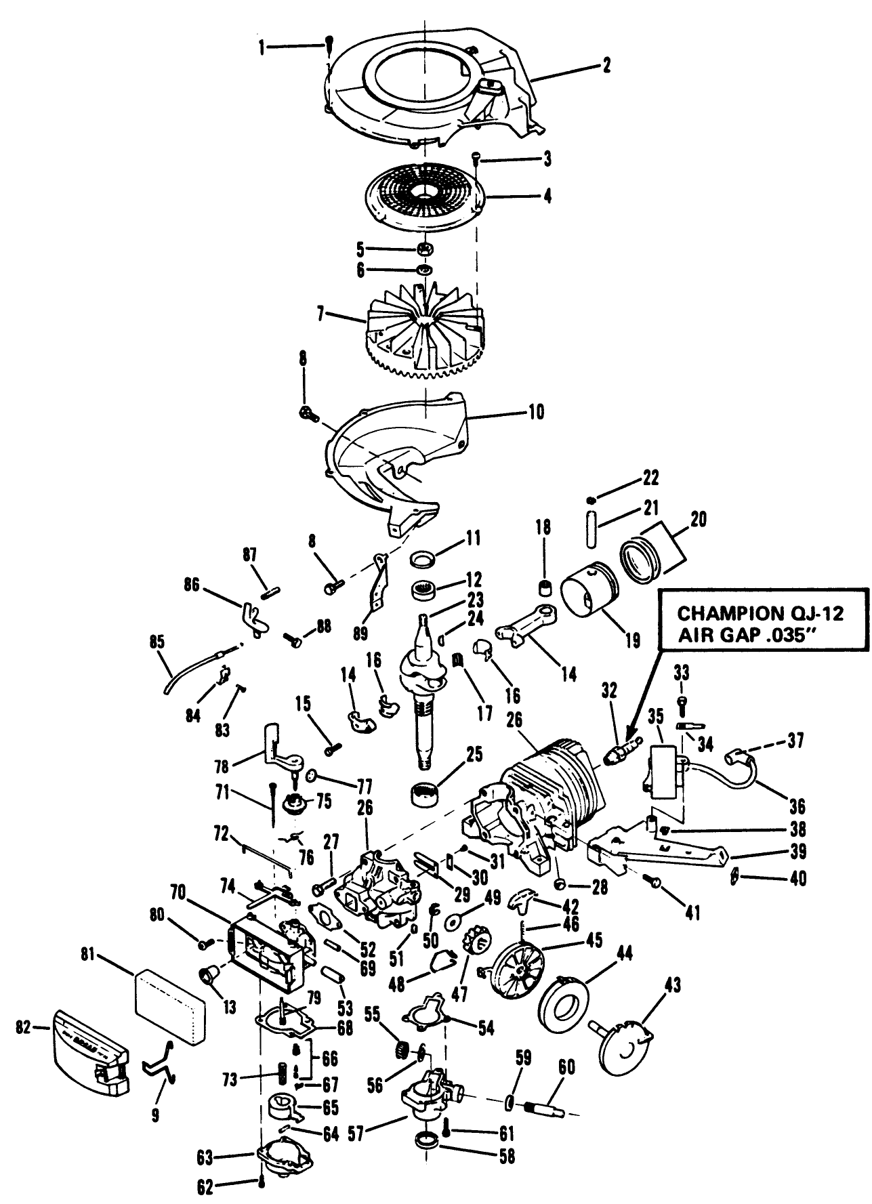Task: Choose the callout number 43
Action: pos(673,984)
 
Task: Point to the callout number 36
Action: pos(797,806)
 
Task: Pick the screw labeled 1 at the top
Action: pos(328,45)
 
